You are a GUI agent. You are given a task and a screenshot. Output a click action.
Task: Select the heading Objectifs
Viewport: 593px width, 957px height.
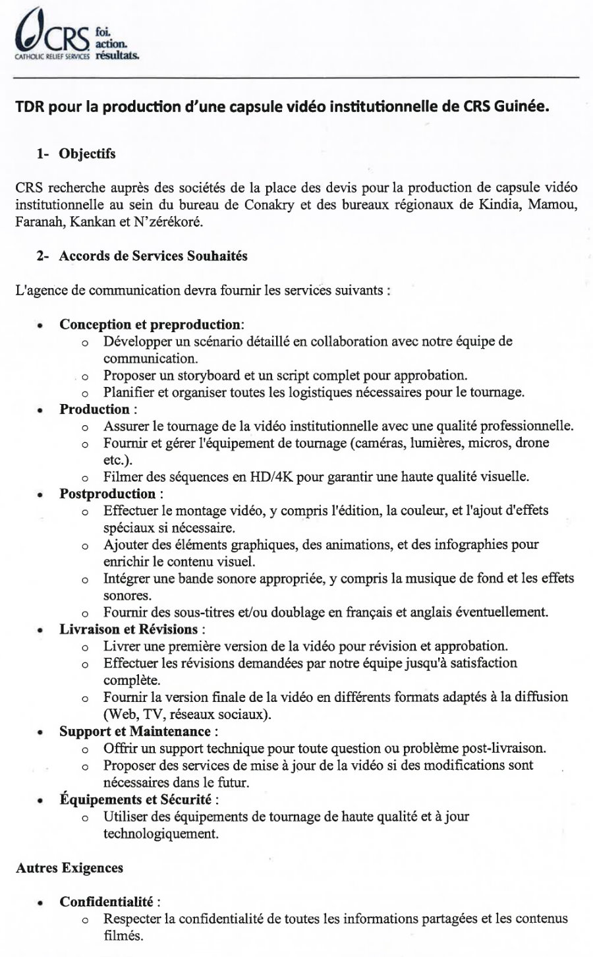point(87,154)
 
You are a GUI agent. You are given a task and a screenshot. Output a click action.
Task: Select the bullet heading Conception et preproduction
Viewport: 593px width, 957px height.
point(151,324)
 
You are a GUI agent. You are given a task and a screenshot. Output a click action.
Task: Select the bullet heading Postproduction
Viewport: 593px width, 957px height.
point(107,494)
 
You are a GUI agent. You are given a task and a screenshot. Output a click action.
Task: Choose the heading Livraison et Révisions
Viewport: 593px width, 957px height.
point(128,629)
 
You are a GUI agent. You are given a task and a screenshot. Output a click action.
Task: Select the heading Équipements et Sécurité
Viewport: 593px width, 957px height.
point(136,799)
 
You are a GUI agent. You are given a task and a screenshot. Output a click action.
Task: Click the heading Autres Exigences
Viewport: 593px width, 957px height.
point(69,868)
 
